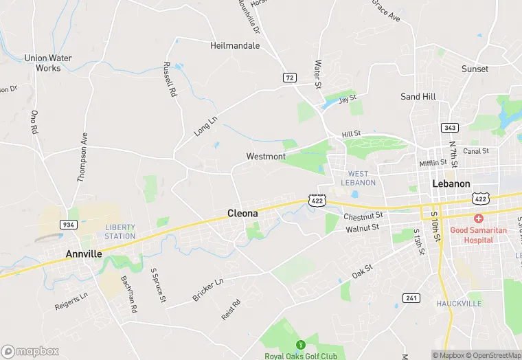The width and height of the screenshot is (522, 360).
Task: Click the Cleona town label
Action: [x=242, y=214]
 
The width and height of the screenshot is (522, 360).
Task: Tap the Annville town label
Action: [x=84, y=254]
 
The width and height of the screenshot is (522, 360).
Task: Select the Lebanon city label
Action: [x=451, y=184]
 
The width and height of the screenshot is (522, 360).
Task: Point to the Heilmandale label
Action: [x=235, y=45]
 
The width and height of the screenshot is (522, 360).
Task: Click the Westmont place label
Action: [x=266, y=157]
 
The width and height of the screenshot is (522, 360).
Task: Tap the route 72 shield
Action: [x=289, y=78]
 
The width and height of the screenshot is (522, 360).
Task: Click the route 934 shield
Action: [x=68, y=224]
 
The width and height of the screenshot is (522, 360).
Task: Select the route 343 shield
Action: [x=450, y=128]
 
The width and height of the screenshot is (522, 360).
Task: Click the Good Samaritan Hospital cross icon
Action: [x=478, y=218]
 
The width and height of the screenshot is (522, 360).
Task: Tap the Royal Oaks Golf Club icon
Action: [x=299, y=344]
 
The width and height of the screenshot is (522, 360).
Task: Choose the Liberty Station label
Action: [x=120, y=232]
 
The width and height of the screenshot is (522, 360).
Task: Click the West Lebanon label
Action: [x=362, y=178]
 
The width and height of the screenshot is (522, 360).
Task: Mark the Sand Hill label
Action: [x=420, y=97]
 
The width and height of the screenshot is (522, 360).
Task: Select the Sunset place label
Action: [x=475, y=69]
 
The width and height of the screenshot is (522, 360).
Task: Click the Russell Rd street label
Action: [x=170, y=78]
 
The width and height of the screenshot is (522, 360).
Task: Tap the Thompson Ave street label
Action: [x=83, y=156]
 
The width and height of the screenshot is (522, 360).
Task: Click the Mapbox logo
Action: [x=30, y=351]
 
